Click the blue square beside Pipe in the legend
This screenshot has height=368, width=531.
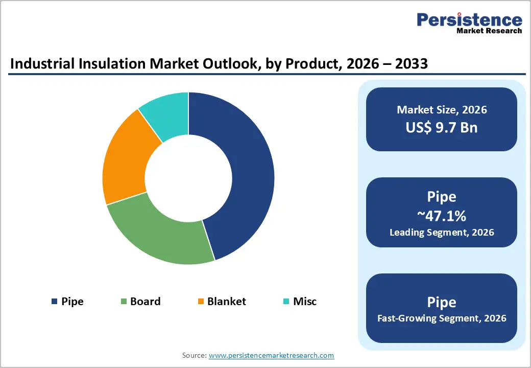(54, 302)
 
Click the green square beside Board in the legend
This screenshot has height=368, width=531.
(124, 302)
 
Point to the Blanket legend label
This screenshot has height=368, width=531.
(226, 302)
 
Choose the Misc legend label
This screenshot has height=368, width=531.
(304, 302)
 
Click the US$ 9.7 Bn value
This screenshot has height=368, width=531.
(442, 127)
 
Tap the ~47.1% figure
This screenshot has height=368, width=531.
(442, 216)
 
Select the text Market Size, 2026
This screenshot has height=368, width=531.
(442, 110)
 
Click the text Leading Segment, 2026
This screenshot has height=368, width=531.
(442, 233)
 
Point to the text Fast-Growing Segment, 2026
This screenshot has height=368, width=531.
(442, 318)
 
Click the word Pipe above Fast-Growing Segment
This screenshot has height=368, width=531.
(442, 302)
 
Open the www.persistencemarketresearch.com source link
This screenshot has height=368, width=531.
(271, 355)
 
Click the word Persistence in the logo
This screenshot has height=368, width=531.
(469, 20)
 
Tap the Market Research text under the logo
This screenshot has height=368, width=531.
(489, 31)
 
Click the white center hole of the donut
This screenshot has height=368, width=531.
(188, 178)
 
